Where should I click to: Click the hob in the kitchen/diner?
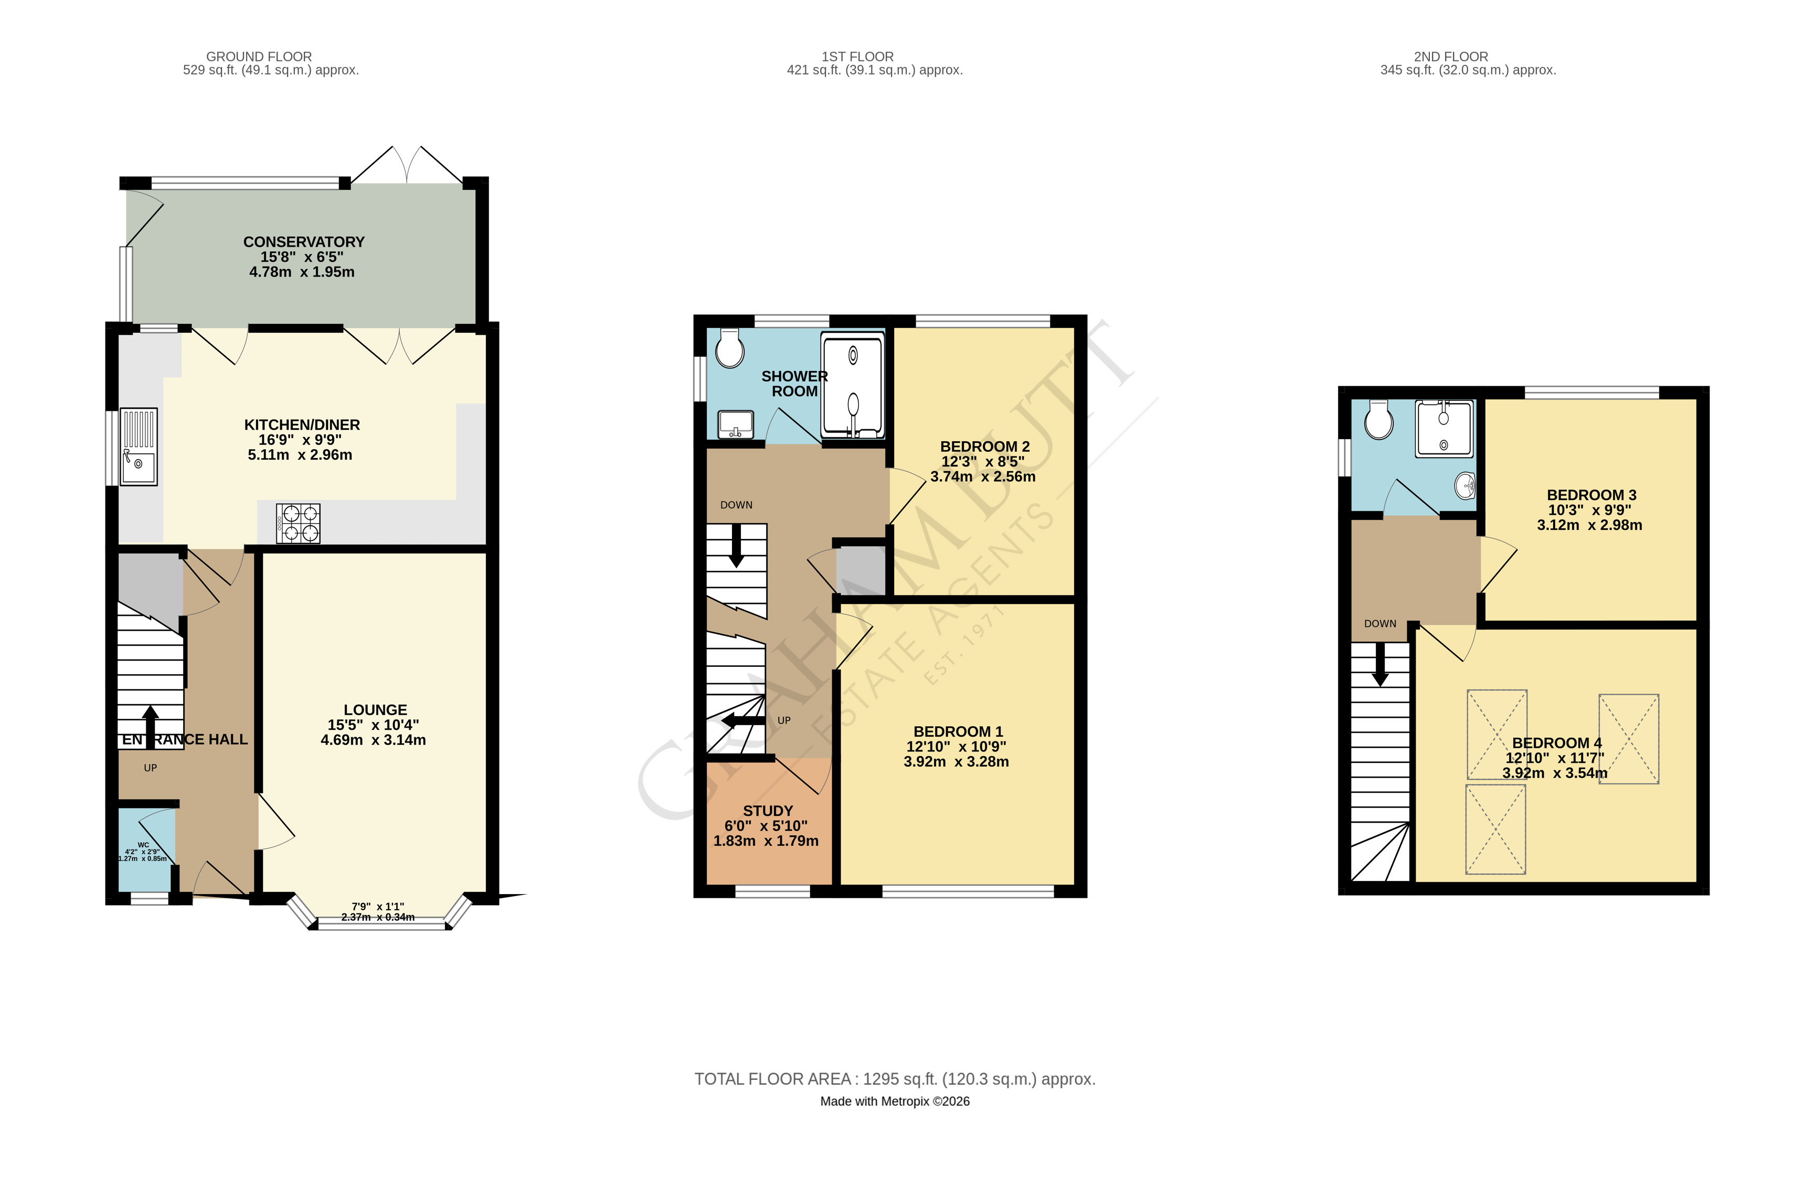[298, 523]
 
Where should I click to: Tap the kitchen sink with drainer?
[139, 447]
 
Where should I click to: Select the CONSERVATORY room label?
[303, 242]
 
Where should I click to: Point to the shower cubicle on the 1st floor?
[853, 385]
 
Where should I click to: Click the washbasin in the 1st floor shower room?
[736, 424]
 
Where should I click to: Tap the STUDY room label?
[768, 811]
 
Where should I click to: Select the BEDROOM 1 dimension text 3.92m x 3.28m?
[957, 761]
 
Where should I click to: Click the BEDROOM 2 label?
[984, 446]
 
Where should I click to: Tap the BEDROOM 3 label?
[1591, 495]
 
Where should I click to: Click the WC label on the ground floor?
[143, 845]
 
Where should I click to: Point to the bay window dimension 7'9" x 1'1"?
[378, 907]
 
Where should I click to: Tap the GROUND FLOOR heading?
[259, 57]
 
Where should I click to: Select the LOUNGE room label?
[375, 710]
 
